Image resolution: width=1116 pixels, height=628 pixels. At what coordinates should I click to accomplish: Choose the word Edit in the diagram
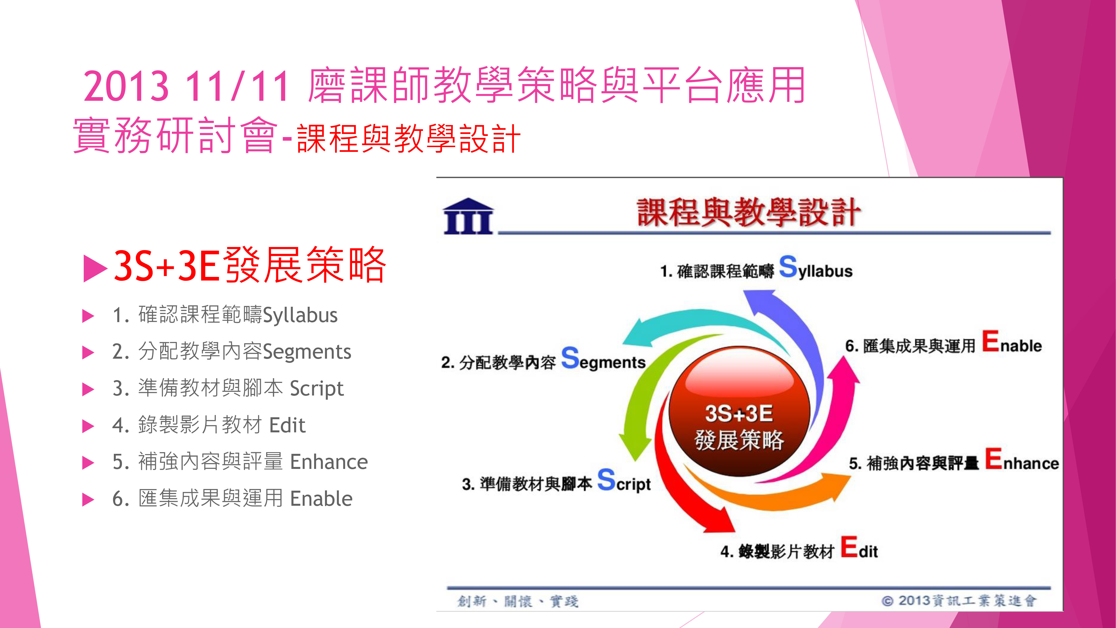(x=860, y=548)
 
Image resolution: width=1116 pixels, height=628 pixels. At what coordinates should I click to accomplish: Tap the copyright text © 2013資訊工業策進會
(x=959, y=601)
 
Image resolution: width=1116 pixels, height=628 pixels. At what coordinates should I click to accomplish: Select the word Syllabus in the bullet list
(x=300, y=315)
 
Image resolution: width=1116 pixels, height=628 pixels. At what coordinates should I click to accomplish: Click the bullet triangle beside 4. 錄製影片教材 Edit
(x=88, y=426)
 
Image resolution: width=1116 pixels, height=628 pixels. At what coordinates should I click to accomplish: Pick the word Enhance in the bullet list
(x=329, y=462)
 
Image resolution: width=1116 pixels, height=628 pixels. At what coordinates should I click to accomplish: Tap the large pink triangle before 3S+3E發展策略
(x=95, y=268)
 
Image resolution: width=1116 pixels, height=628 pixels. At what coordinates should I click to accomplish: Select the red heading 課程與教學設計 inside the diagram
(x=749, y=212)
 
